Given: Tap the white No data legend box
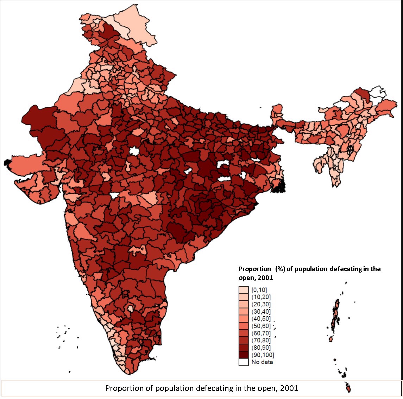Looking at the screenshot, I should click(244, 362).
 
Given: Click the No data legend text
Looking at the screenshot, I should click(262, 362).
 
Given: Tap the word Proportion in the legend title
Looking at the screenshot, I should click(254, 269).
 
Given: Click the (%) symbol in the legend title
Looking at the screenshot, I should click(280, 269).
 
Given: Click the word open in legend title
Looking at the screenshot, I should click(246, 278).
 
